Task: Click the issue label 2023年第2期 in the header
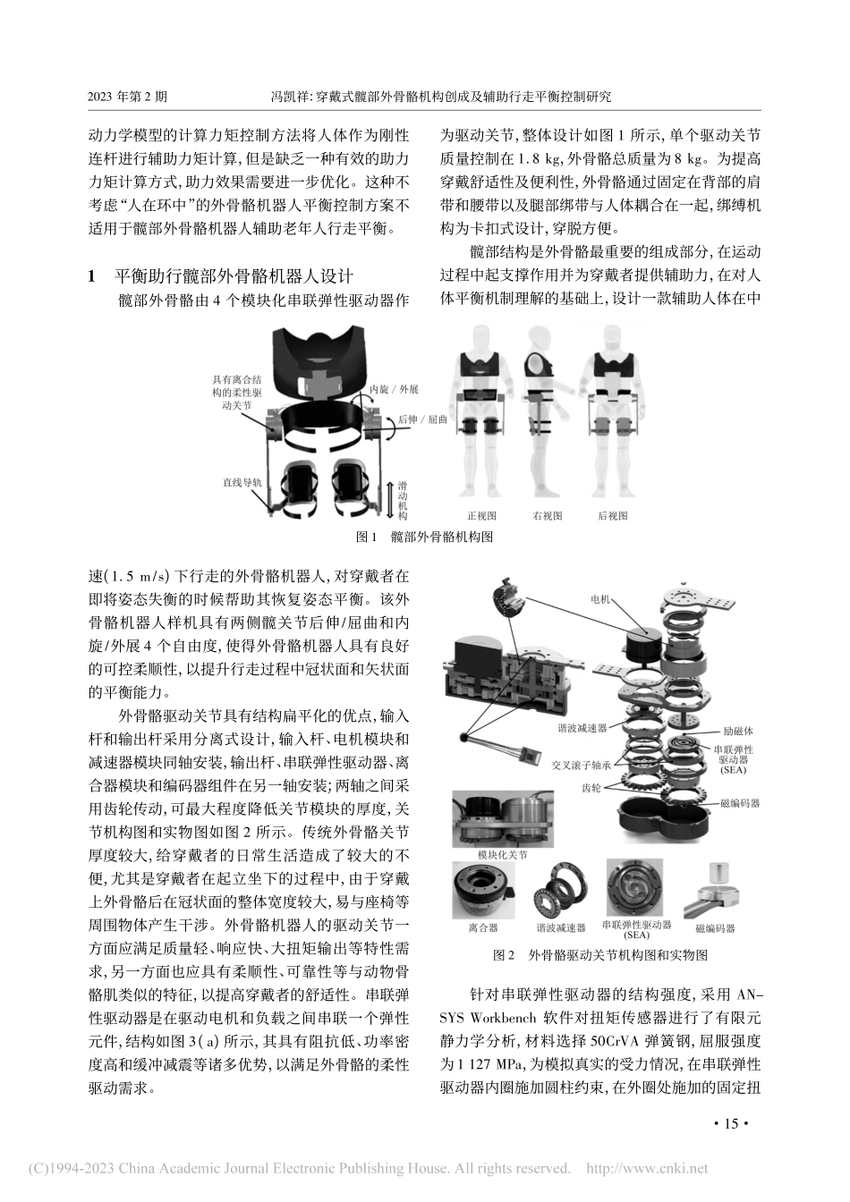click(128, 96)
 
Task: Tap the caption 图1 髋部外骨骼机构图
click(424, 537)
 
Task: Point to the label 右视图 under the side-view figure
click(547, 516)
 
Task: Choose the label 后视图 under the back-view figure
click(613, 516)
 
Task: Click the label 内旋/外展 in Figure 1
click(395, 391)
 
